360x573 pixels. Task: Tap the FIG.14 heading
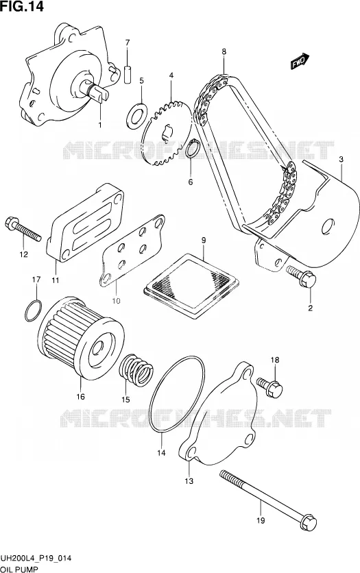tap(23, 7)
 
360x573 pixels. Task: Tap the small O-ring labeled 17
tap(33, 310)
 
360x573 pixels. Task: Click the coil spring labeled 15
tap(136, 370)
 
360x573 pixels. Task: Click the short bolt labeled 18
tap(269, 387)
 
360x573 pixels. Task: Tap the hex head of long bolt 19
tap(308, 522)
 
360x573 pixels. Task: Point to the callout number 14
tap(161, 453)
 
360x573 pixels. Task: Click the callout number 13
tap(189, 481)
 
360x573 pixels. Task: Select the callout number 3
tap(341, 159)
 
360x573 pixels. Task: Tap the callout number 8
tap(224, 51)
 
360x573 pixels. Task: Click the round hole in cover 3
tap(328, 227)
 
